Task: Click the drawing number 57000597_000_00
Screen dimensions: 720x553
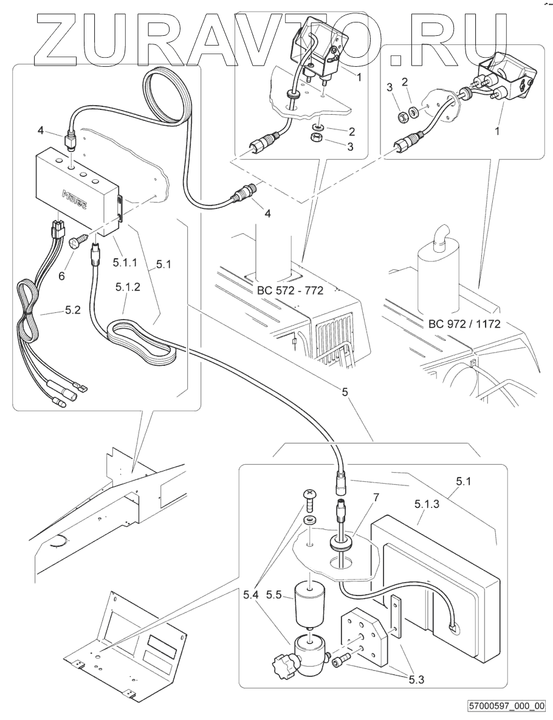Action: click(507, 706)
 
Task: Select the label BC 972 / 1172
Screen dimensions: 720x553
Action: click(464, 323)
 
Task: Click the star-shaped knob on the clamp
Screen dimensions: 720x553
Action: click(284, 660)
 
